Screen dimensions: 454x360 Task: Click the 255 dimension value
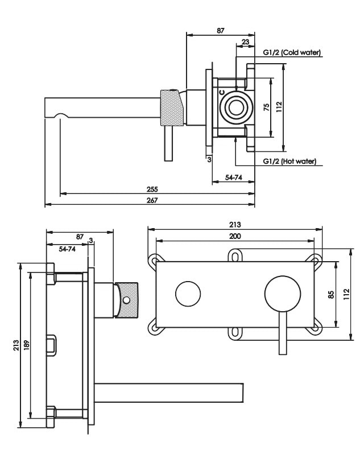[151, 189]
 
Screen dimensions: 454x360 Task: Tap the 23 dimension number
[245, 42]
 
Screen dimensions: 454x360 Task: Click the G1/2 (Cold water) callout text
[292, 52]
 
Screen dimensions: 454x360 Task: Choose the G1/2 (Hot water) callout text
[289, 161]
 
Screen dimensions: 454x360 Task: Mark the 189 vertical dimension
[26, 345]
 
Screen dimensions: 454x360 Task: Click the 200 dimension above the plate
[235, 236]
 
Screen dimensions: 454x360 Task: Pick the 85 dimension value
[332, 295]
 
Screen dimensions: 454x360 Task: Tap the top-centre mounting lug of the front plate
[235, 257]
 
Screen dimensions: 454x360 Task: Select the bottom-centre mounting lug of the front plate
[235, 332]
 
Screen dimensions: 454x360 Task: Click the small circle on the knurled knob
[127, 299]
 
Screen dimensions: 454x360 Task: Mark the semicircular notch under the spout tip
[61, 116]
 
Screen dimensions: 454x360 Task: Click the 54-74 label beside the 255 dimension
[233, 178]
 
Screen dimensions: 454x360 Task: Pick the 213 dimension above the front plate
[235, 224]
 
